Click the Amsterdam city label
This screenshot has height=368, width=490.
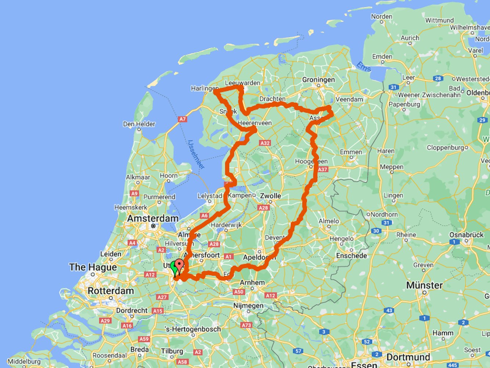pos(153,219)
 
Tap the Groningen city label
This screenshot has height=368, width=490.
pos(318,80)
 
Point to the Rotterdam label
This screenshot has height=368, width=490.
pos(111,291)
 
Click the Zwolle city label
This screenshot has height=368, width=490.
pos(270,196)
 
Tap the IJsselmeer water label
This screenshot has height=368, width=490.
pos(196,154)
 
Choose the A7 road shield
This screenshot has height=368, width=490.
pos(183,119)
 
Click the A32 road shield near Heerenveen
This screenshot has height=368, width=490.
pos(264,143)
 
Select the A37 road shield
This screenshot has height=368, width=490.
pos(323,170)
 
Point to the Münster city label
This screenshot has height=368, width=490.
pos(424,285)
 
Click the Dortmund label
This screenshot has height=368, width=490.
pos(408,357)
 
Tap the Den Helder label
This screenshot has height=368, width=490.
pos(139,124)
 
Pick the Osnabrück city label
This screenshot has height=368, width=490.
pos(466,235)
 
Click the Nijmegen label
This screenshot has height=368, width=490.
pos(248,306)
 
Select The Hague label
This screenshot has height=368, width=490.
pos(93,267)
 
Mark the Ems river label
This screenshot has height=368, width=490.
pos(364,67)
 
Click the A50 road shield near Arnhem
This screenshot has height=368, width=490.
pos(239,292)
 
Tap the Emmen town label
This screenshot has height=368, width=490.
pos(351,152)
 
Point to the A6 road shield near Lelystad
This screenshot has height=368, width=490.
pos(204,216)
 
